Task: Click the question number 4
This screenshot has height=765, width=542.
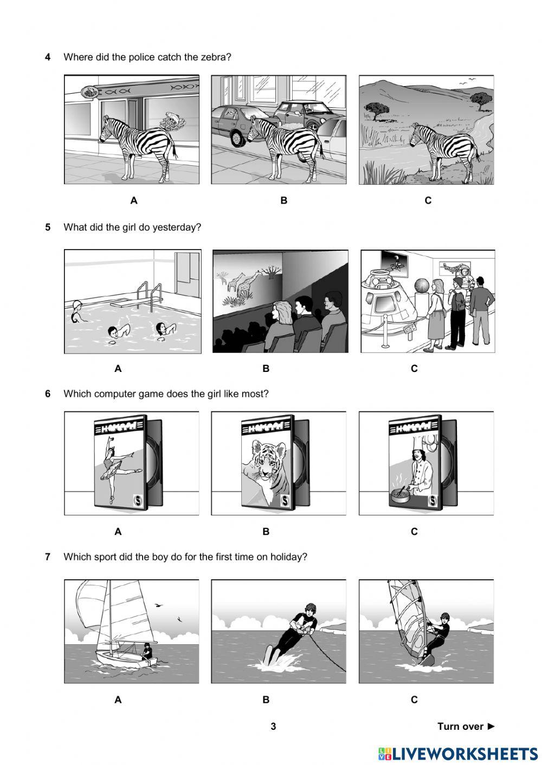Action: (48, 57)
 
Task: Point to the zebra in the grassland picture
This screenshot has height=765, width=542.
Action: (444, 151)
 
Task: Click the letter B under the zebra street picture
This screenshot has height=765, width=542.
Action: (283, 200)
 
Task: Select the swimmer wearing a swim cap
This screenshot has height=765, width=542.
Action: (76, 311)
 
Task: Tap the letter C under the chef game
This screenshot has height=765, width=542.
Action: (414, 532)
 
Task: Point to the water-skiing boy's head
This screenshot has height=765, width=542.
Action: (311, 609)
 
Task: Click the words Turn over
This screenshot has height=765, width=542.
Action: (460, 727)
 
